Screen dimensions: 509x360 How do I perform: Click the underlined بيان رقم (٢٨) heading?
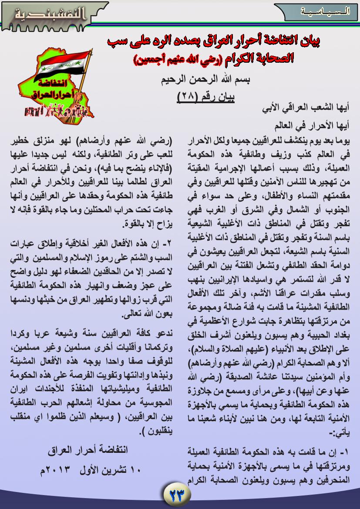click(x=206, y=97)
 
